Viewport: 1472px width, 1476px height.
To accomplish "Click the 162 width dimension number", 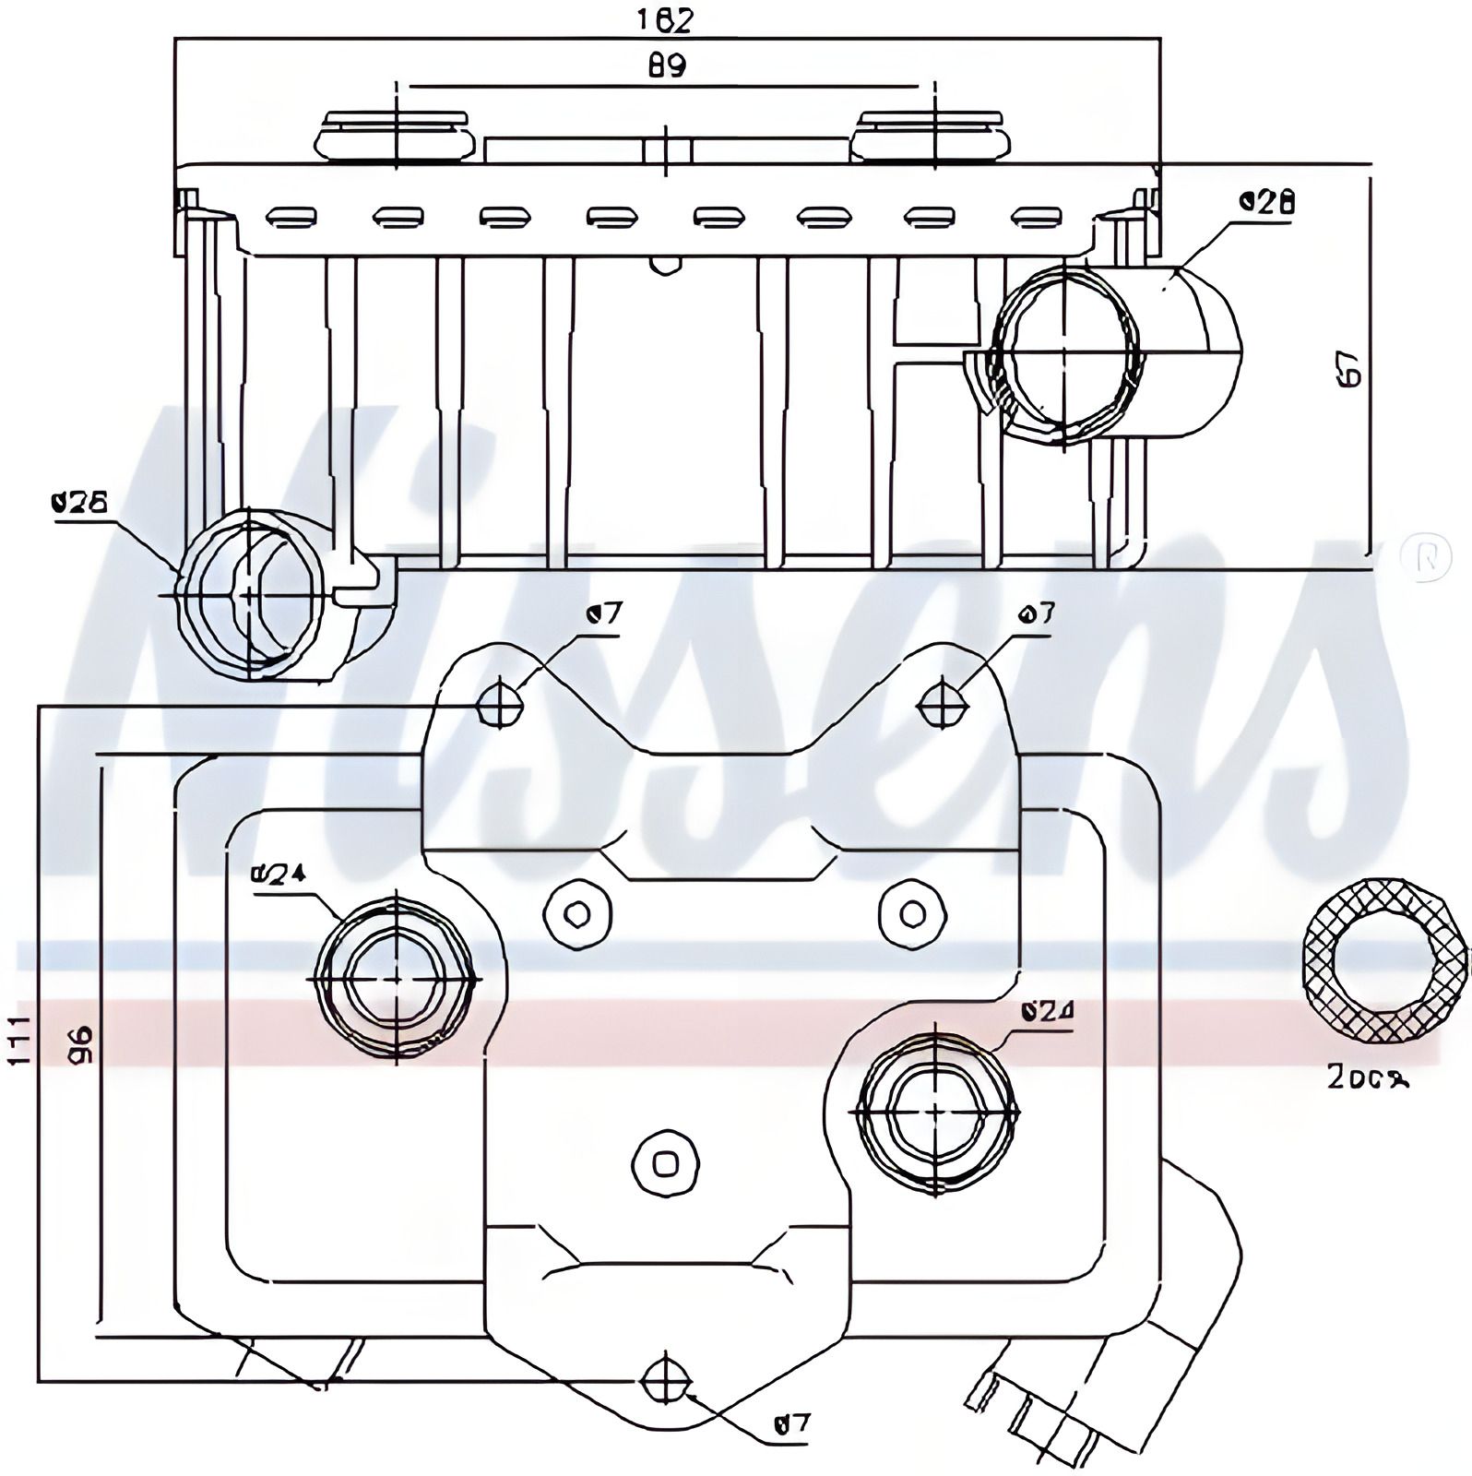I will (x=666, y=19).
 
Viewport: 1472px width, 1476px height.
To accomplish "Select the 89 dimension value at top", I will (x=666, y=66).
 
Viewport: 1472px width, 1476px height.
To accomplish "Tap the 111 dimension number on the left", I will (x=20, y=1041).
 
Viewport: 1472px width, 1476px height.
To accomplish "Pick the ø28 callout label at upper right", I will (x=1267, y=201).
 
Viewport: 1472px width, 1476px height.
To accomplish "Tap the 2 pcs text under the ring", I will (x=1367, y=1077).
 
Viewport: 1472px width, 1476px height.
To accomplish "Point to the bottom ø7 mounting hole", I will (x=666, y=1380).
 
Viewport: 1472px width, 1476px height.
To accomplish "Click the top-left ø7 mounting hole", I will (x=500, y=706).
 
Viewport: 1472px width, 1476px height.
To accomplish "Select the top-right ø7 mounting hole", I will (x=943, y=706).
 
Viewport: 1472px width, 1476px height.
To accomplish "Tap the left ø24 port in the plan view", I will (x=397, y=978).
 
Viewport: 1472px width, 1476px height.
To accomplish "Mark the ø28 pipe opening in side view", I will (x=1064, y=352).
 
